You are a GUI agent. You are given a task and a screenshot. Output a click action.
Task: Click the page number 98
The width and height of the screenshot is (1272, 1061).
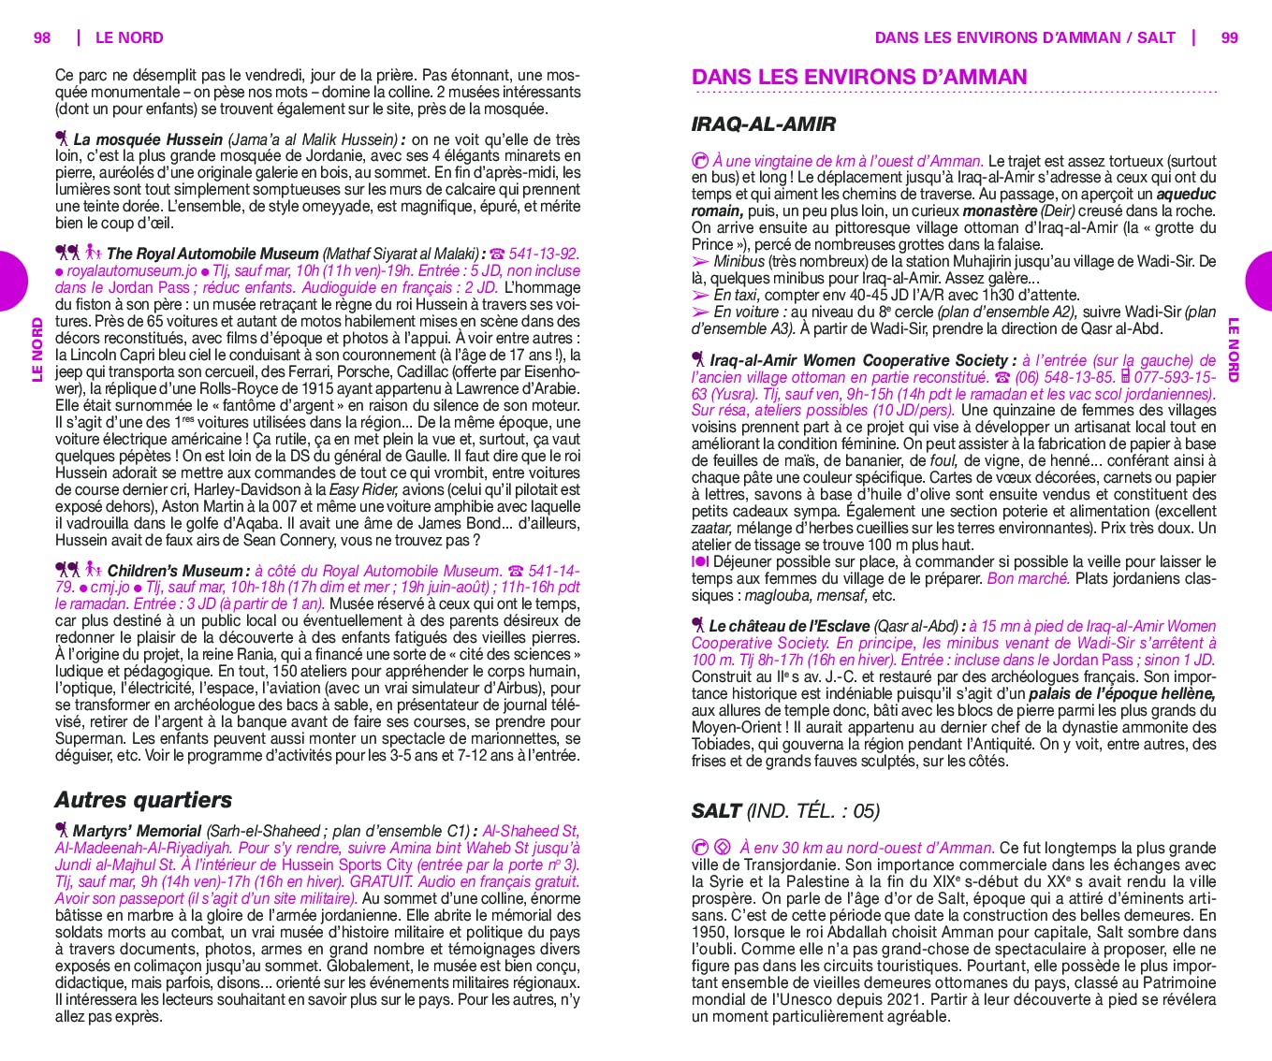tap(42, 37)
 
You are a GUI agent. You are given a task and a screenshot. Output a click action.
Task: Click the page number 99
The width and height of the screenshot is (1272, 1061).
tap(1230, 37)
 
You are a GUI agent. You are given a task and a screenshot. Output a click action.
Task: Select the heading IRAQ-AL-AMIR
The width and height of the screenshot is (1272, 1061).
tap(763, 124)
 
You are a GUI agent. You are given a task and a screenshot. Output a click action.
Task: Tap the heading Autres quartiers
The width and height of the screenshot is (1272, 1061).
tap(143, 800)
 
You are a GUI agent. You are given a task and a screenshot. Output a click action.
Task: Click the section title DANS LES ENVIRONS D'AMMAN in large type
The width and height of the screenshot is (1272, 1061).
tap(859, 78)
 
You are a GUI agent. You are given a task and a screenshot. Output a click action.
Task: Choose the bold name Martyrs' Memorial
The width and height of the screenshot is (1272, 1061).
tap(137, 831)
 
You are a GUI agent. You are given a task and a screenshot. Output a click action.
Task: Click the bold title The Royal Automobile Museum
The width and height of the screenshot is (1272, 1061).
tap(212, 254)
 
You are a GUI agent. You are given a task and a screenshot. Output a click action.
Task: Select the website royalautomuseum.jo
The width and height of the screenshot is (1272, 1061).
tap(132, 270)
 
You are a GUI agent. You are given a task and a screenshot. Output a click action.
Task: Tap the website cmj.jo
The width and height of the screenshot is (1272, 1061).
tap(110, 588)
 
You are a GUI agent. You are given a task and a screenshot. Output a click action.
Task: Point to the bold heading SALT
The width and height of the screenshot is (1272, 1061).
tap(716, 811)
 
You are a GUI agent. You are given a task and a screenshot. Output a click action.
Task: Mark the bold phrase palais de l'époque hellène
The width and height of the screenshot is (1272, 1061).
tap(1121, 693)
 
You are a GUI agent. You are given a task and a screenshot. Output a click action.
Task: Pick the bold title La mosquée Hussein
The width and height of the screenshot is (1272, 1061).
tap(148, 139)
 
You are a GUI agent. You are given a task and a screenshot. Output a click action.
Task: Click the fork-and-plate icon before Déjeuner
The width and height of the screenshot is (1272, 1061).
tap(700, 561)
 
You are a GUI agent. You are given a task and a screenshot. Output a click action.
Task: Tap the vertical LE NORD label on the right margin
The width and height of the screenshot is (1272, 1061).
tap(1233, 350)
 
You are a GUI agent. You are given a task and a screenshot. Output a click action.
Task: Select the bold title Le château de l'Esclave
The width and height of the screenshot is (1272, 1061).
tap(789, 626)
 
